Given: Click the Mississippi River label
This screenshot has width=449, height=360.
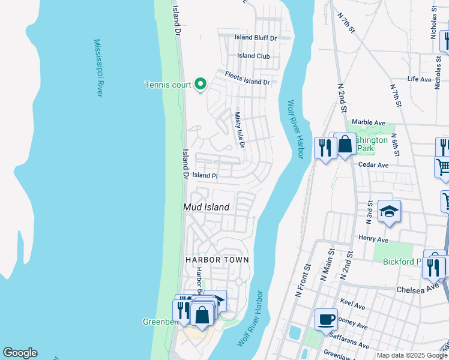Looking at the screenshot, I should [x=99, y=68].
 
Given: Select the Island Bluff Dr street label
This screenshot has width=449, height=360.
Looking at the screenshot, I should [x=256, y=38].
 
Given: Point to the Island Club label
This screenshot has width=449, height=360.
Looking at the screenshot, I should [x=253, y=56].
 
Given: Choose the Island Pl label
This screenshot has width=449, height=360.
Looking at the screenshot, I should [x=204, y=175].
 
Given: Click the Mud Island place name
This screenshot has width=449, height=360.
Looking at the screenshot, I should [x=206, y=207].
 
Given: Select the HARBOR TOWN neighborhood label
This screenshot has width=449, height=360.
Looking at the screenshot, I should [x=217, y=259].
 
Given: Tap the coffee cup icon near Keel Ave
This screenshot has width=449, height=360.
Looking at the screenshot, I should [x=326, y=319].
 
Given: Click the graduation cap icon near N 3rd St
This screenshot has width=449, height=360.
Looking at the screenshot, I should [x=389, y=211].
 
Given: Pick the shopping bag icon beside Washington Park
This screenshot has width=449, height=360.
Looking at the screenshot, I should [x=345, y=144].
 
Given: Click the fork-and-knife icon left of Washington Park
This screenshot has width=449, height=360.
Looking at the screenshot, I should [x=325, y=147].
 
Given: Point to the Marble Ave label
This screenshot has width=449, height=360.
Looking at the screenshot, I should [x=367, y=122].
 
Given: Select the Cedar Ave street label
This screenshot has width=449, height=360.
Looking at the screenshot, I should [x=373, y=164].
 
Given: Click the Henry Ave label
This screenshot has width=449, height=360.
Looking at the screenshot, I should [x=373, y=239].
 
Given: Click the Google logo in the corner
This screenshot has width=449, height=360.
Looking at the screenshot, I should [x=20, y=353].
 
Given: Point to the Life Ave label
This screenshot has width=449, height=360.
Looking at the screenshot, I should [x=419, y=79].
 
